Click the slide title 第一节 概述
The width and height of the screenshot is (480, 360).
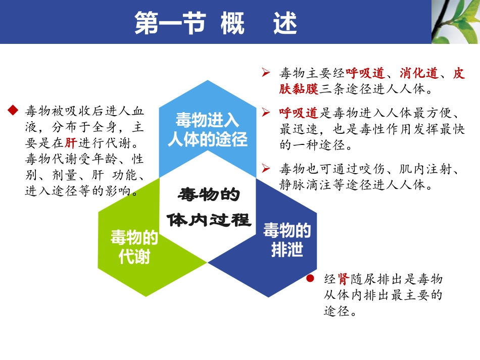click(x=216, y=23)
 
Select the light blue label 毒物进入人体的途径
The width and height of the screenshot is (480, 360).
click(x=208, y=130)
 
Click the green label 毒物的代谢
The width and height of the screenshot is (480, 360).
click(x=134, y=247)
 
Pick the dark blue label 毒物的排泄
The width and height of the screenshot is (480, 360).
click(x=287, y=240)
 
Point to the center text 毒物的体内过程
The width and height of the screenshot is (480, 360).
click(x=209, y=208)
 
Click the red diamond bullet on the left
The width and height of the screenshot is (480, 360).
click(x=13, y=110)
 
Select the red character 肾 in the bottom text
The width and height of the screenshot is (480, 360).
click(x=344, y=279)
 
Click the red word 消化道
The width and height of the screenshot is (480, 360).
click(x=418, y=73)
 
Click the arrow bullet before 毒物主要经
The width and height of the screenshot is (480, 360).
click(x=266, y=73)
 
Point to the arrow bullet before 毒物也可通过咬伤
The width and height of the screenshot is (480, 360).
click(x=266, y=168)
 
